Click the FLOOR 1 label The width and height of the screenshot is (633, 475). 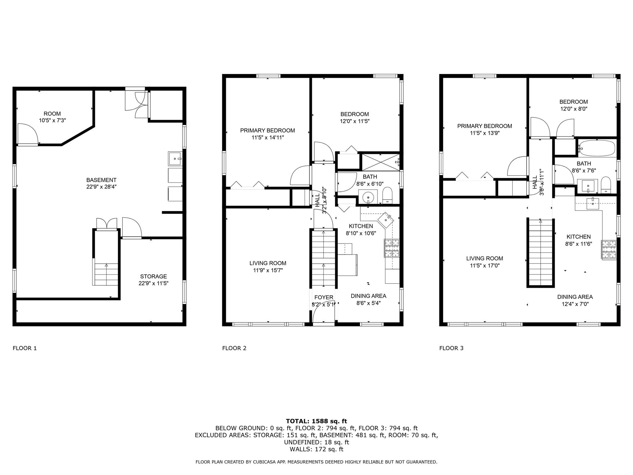click(25, 348)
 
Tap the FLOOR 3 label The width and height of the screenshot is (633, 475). click(451, 348)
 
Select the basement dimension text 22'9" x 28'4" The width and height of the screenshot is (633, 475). click(101, 187)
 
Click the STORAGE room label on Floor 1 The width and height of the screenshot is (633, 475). click(153, 276)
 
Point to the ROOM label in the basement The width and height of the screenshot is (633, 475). click(52, 113)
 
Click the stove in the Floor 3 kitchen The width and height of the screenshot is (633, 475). click(609, 250)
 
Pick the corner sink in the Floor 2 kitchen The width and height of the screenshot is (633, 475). click(387, 219)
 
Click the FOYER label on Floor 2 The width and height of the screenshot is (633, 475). click(324, 297)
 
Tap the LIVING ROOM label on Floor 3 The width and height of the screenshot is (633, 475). click(484, 259)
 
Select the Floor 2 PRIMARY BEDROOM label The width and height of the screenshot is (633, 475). click(267, 131)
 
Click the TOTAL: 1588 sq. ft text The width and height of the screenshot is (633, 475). click(316, 421)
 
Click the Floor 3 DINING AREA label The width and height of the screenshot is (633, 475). click(575, 297)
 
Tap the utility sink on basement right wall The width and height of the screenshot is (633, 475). click(175, 159)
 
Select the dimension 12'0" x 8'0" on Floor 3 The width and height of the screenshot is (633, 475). click(573, 109)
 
